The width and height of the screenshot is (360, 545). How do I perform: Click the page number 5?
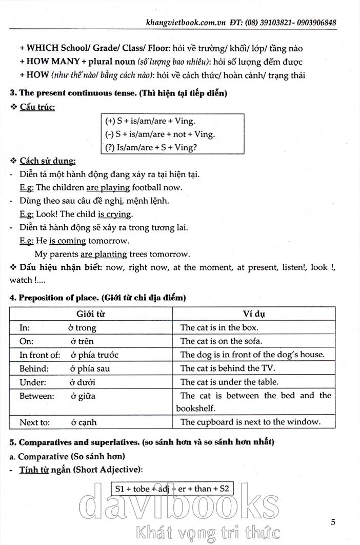point(333,523)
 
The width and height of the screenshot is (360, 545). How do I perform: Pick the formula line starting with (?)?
point(151,148)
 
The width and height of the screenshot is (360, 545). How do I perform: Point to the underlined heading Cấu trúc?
point(37,107)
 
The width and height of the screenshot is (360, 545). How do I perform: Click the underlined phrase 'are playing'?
point(108,187)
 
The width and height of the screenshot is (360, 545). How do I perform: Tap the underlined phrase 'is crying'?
point(114,214)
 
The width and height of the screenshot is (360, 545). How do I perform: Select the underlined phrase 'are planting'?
point(104,254)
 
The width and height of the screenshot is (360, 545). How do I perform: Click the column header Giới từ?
point(91,314)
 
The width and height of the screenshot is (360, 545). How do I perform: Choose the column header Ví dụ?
point(254,314)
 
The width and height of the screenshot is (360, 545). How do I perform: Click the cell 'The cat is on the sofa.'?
point(221,341)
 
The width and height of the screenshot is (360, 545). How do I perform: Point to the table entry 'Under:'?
point(33,382)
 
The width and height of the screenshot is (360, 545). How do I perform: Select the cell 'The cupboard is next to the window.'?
point(250,422)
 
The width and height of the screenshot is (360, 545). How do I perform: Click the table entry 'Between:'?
point(36,396)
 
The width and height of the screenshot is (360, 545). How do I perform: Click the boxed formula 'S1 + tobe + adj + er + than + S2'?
point(172,489)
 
